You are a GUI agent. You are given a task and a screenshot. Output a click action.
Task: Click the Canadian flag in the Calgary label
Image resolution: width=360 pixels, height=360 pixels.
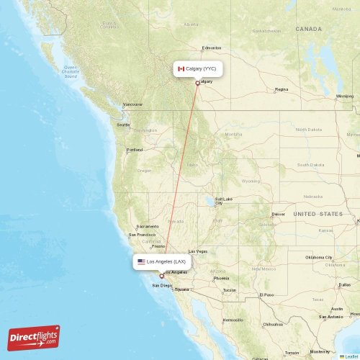pos(181,68)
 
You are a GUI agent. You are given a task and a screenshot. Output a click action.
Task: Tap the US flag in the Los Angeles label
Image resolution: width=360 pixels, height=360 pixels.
pos(142,262)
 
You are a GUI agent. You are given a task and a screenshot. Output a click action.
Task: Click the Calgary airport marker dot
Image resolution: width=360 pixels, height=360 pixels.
pos(197,83)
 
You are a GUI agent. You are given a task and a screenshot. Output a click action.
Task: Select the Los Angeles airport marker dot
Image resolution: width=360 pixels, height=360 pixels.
pos(161,276)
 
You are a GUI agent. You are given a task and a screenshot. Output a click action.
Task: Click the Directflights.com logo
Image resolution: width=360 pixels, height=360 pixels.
pos(34,337)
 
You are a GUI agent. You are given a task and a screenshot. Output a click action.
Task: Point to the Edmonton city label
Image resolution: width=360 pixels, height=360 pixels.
pos(212,48)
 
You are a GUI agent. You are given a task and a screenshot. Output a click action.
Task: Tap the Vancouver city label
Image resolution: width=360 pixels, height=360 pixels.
pos(132,104)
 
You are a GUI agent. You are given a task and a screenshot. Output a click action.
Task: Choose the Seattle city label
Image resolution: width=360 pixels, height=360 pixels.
pos(123,125)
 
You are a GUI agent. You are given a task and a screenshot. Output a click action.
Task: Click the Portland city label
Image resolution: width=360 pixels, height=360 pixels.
pos(135,150)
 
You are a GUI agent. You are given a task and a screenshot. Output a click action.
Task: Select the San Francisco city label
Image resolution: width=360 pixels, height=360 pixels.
pos(142,235)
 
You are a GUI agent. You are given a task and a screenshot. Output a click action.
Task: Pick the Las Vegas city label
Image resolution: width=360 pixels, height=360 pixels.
pos(197,251)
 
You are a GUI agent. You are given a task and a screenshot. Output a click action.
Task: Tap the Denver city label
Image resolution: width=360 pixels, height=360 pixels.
pos(278,214)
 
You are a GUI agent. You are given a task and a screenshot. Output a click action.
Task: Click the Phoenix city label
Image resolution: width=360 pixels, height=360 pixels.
pos(221,278)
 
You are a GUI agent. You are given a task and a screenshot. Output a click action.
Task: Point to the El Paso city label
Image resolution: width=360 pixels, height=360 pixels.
pos(267,294)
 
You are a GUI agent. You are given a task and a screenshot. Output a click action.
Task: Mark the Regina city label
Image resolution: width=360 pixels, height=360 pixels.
pos(281,89)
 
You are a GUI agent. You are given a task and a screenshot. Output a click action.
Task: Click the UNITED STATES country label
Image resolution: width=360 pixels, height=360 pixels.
pos(318,214)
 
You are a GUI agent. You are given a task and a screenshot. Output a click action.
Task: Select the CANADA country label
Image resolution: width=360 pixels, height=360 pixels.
pos(308,29)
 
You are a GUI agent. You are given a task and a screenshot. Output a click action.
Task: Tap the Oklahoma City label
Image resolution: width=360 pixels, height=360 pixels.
pos(319,257)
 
